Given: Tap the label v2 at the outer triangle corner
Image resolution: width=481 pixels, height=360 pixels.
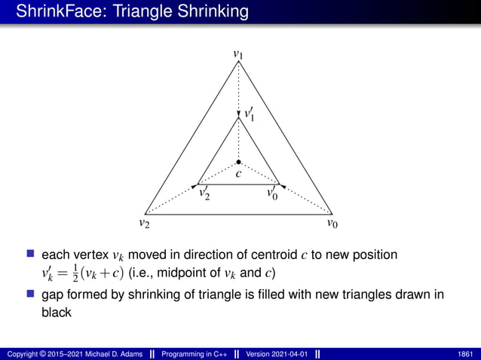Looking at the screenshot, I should point(143,224).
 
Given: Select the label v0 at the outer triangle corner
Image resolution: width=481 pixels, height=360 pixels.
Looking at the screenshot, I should point(332,224).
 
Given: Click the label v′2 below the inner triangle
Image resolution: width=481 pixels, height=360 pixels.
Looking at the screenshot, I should point(204,194).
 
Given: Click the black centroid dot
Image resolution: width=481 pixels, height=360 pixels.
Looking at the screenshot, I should point(238,162).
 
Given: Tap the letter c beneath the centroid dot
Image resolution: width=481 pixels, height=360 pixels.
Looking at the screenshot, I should point(238,175).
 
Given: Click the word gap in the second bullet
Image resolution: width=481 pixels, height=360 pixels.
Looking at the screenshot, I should point(53,296).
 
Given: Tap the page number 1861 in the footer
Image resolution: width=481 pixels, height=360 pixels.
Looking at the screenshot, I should point(466,353).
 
